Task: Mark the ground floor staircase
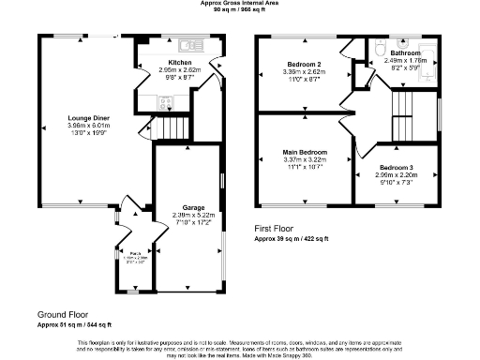tap(172, 126)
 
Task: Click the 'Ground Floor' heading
tap(63, 314)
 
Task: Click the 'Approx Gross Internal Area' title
tap(240, 4)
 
